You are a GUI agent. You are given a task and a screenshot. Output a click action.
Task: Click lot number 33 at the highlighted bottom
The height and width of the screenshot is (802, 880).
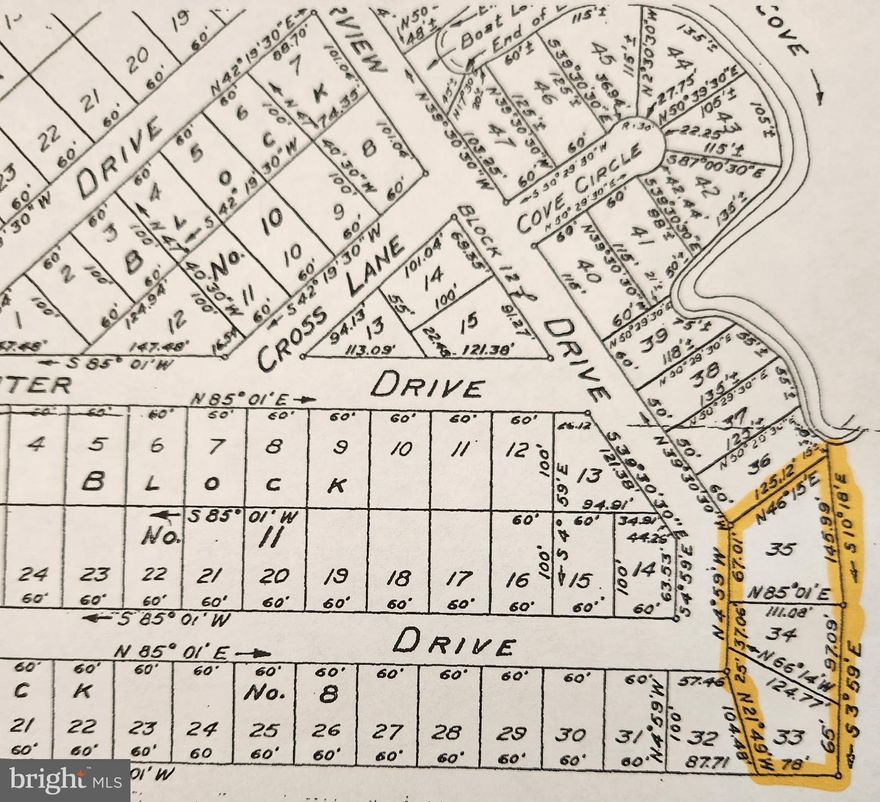click(789, 737)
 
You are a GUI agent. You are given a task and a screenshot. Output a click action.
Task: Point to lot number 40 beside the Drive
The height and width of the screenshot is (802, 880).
click(588, 268)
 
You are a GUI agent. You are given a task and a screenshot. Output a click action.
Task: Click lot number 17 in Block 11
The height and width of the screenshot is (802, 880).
click(458, 577)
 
